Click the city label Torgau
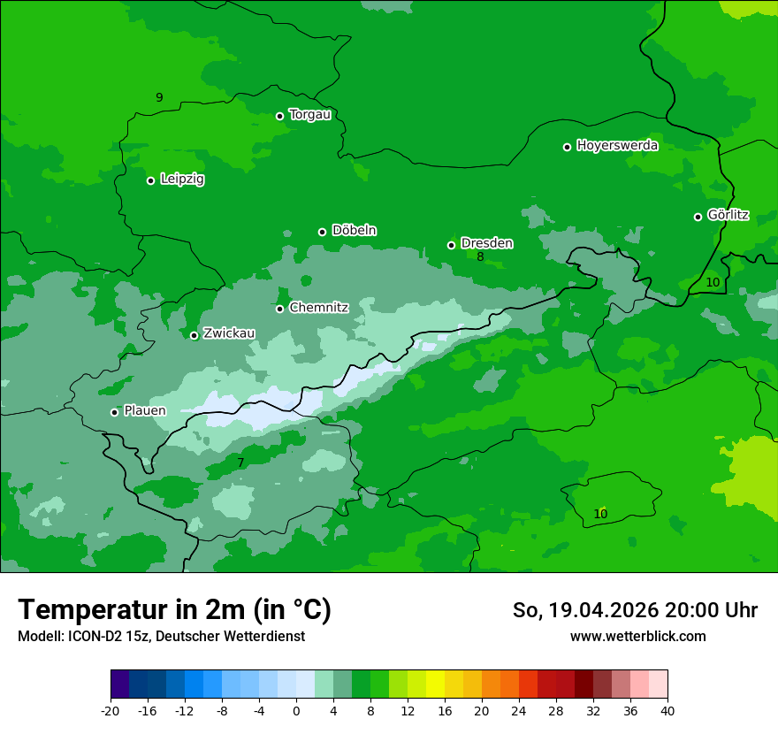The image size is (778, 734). [x=309, y=115]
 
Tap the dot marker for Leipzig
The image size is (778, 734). [x=151, y=180]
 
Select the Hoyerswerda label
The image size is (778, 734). [x=617, y=146]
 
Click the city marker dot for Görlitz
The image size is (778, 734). [x=698, y=217]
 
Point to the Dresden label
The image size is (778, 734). [x=486, y=243]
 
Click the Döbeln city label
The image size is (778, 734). [x=354, y=231]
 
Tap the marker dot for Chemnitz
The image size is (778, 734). [x=279, y=309]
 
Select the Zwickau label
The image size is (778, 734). [x=229, y=333]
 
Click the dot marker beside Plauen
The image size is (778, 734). [x=114, y=412]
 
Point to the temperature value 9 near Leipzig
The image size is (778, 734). [x=159, y=97]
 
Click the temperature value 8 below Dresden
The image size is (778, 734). [x=480, y=257]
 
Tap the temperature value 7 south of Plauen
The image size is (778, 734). [x=240, y=463]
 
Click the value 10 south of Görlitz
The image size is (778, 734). [x=713, y=282]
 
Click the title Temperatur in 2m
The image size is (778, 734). [x=174, y=610]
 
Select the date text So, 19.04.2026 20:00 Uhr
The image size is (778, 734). [x=635, y=610]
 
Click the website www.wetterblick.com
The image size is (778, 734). [x=637, y=637]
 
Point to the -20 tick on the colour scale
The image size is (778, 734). [x=111, y=710]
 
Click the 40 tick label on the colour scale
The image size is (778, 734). [x=667, y=710]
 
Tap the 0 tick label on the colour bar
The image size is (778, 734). [x=296, y=710]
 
